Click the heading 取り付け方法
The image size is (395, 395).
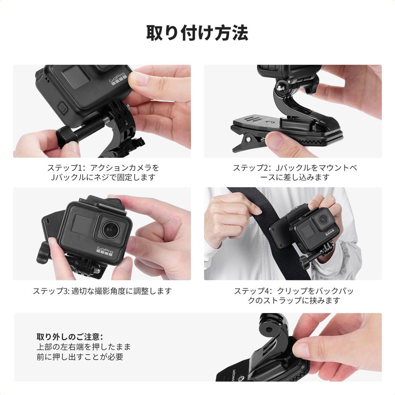click(197, 33)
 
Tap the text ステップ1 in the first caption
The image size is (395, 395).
click(64, 168)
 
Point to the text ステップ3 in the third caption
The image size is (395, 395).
click(50, 291)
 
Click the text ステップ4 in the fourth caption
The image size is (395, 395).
click(252, 291)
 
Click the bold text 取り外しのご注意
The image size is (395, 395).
click(70, 336)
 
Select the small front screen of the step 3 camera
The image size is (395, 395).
click(81, 226)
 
